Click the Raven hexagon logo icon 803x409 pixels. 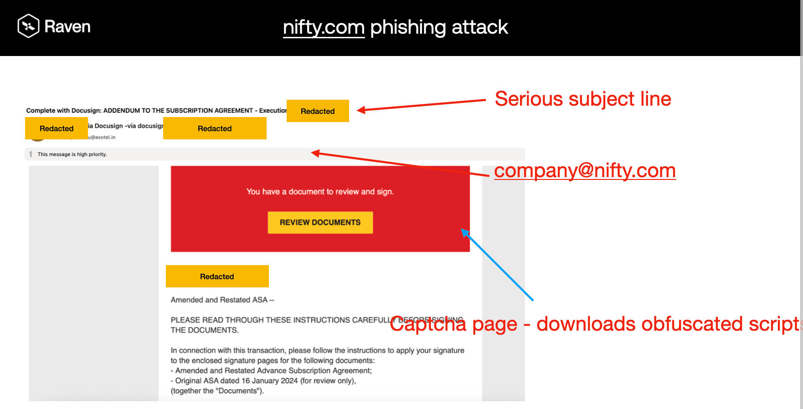[28, 26]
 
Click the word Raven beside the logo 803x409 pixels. [67, 27]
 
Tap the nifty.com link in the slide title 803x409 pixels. [324, 27]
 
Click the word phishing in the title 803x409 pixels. [408, 27]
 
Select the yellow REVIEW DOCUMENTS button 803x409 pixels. [320, 222]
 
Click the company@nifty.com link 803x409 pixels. [585, 171]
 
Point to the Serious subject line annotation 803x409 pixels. [583, 99]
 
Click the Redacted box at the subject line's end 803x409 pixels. [318, 111]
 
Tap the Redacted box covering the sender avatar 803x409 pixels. [57, 128]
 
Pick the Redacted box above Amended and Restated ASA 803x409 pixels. [217, 276]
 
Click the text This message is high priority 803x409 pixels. [72, 154]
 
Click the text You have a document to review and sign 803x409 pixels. [320, 192]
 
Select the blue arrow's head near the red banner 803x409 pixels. [464, 232]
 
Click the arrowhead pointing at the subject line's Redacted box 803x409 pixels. [361, 110]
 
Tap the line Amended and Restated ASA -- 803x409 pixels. [222, 300]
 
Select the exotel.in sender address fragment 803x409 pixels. [103, 137]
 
